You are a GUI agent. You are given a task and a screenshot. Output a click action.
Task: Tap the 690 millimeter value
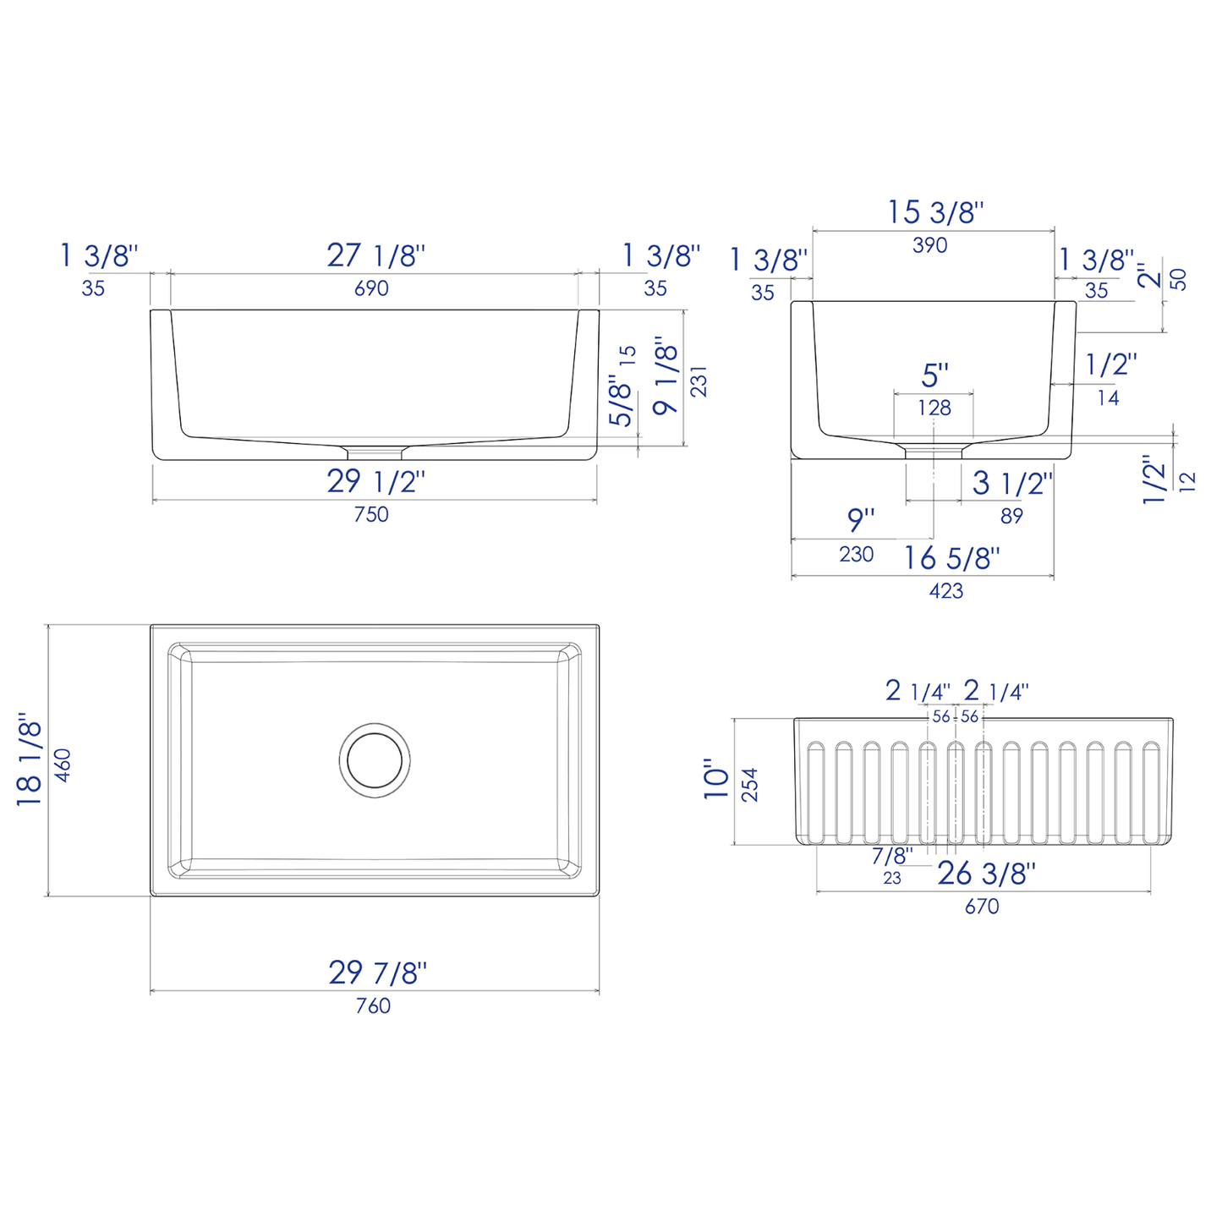[371, 288]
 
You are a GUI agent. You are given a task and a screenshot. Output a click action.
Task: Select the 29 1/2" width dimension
[375, 482]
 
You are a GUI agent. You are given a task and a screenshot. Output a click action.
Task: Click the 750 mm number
[371, 514]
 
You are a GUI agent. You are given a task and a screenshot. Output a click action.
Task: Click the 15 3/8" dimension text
[935, 212]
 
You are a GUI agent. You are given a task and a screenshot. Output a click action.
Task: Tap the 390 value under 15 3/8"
[930, 245]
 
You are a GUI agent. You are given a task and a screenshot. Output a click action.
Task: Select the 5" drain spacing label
[935, 375]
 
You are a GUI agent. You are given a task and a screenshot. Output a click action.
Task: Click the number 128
[934, 408]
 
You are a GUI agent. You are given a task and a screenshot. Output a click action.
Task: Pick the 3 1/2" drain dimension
[1011, 484]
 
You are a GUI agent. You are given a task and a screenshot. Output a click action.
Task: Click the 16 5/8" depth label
[952, 558]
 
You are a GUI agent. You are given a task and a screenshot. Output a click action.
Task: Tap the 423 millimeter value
[945, 591]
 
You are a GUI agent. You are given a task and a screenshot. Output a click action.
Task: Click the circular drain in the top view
[375, 758]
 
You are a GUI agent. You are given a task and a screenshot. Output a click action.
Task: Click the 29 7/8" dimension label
[378, 973]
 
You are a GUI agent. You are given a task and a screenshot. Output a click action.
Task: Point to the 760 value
[373, 1006]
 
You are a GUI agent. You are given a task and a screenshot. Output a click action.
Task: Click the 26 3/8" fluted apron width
[986, 873]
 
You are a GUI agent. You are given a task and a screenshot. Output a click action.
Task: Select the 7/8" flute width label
[893, 856]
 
